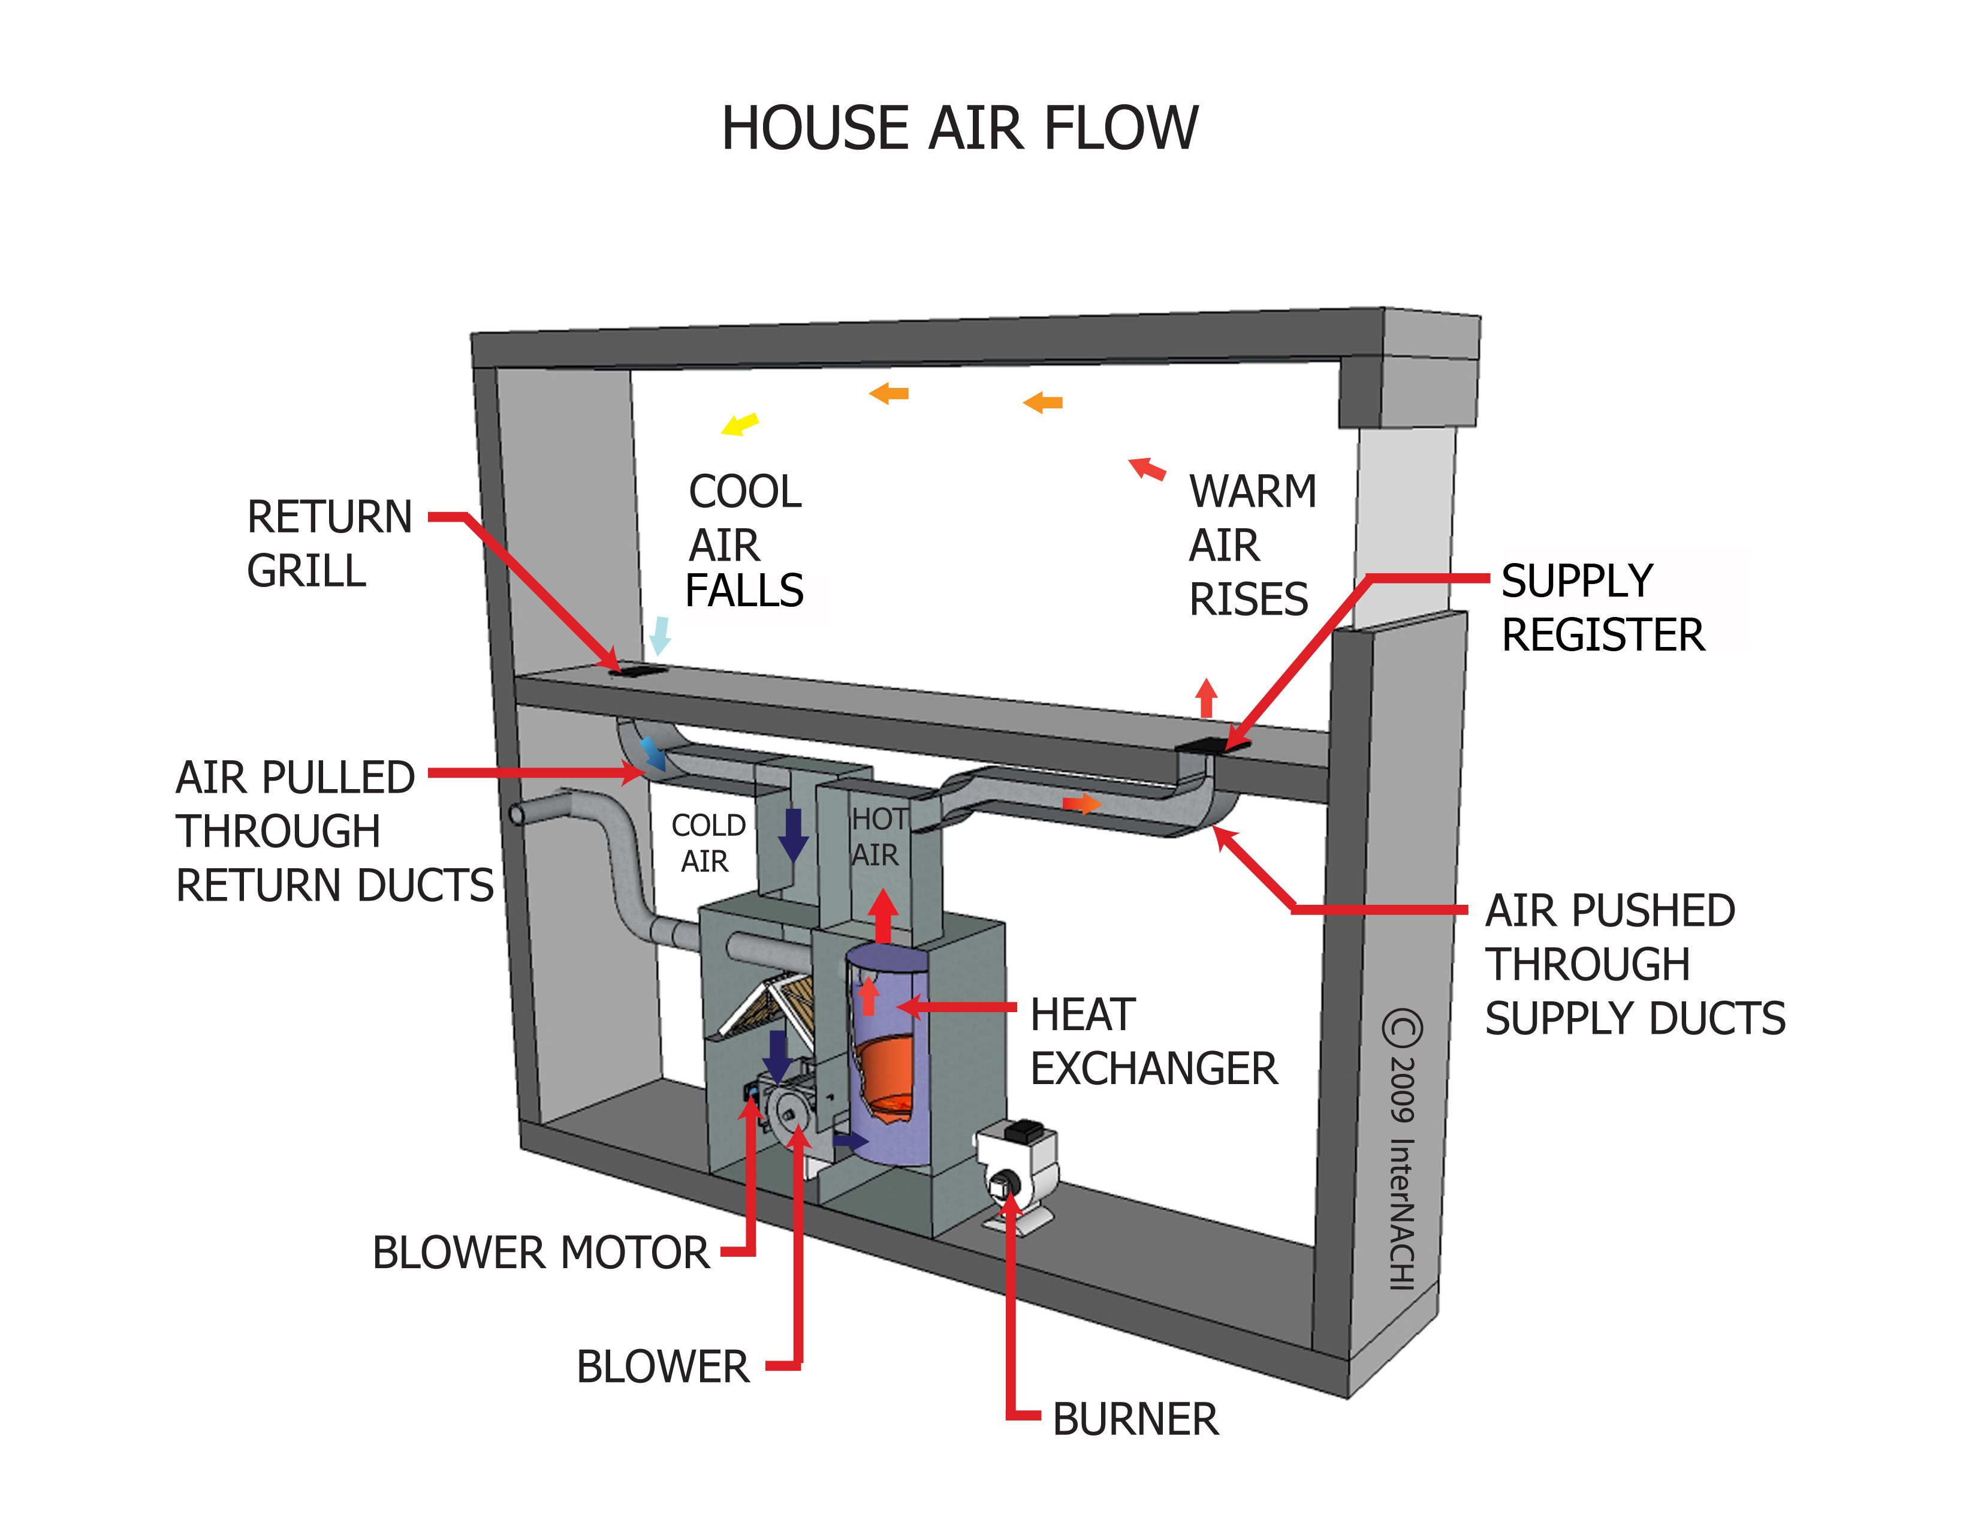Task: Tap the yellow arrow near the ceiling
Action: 740,424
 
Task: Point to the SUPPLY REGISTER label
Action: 1601,607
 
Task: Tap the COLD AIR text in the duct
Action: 707,842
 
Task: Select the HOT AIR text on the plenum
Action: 877,837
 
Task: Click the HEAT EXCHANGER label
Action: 1153,1042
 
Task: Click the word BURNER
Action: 1135,1419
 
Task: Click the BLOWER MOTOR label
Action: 541,1253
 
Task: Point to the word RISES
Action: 1248,600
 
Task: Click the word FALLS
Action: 744,591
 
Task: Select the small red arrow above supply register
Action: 1205,697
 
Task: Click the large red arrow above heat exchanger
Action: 883,916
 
